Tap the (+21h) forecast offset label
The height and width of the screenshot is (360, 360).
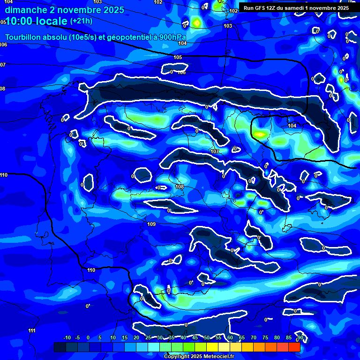point(81,21)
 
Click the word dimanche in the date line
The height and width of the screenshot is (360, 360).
point(23,9)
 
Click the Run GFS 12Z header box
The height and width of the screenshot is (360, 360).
point(296,8)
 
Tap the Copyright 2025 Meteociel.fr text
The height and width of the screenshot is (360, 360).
point(199,356)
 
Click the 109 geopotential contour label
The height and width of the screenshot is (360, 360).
point(151,225)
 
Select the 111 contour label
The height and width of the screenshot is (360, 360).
point(32,330)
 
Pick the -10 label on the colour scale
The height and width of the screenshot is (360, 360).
point(67,337)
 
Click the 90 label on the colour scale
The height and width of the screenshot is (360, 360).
point(300,337)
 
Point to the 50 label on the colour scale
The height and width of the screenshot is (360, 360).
point(207,337)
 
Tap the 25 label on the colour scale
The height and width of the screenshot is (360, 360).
point(148,337)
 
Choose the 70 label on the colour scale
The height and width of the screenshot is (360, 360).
point(254,337)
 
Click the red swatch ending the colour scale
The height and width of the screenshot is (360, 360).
point(294,347)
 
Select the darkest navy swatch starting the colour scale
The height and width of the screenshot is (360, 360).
point(60,347)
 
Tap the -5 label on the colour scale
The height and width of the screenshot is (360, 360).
point(77,337)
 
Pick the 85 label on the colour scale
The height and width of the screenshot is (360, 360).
point(289,337)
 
